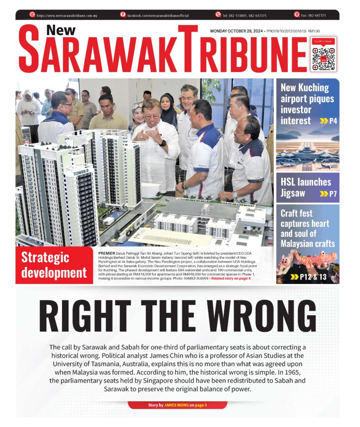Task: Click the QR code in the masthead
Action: (x=324, y=58)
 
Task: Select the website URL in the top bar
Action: (x=67, y=15)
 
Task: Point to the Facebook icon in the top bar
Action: (x=123, y=15)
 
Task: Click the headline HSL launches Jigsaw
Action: (x=306, y=187)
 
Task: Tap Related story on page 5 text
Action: (x=231, y=278)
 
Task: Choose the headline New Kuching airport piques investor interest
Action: (x=305, y=104)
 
